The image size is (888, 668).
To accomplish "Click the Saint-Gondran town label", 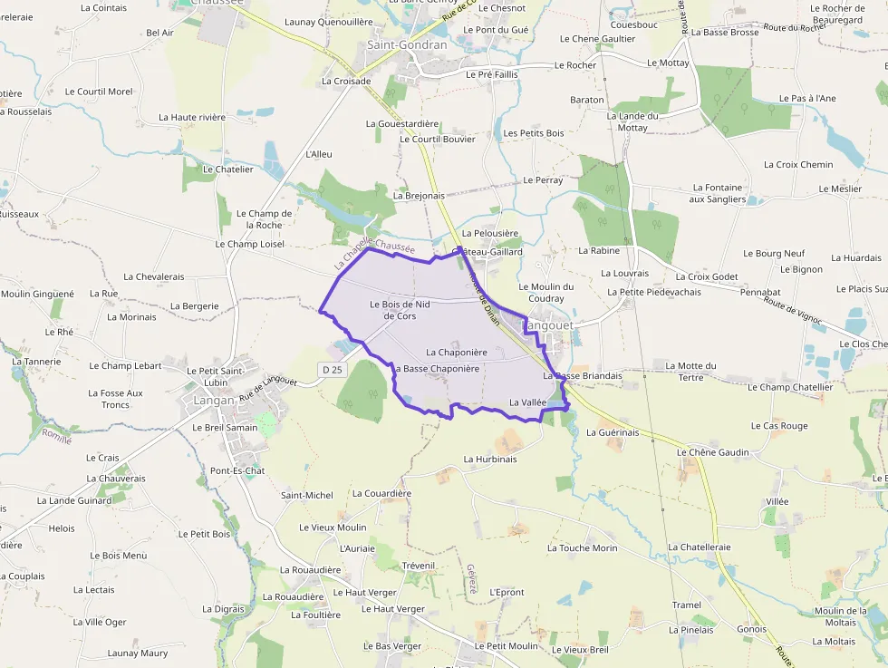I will coord(407,44).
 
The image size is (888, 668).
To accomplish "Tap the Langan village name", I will coord(214,400).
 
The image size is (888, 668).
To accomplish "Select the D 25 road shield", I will coord(333,370).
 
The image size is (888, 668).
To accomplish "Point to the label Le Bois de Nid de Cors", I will coord(400,310).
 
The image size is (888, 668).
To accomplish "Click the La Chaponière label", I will coord(457,353).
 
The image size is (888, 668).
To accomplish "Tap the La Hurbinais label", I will coord(489,460).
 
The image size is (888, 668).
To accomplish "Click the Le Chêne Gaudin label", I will coord(713,452).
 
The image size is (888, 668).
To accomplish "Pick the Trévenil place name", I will coord(419,566).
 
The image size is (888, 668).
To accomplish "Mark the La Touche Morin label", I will coord(582,548).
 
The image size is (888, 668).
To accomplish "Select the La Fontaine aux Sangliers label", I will coord(717,193).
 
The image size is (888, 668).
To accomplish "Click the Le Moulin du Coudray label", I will coord(546,293).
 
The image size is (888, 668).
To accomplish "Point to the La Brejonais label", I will coord(420,195).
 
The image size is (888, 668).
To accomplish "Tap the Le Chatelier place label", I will coord(228,169).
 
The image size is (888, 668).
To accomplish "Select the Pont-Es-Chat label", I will coord(237,471).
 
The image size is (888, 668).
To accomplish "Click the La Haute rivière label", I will coord(192,117).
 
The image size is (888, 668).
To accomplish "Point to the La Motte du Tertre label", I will coord(690,372).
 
